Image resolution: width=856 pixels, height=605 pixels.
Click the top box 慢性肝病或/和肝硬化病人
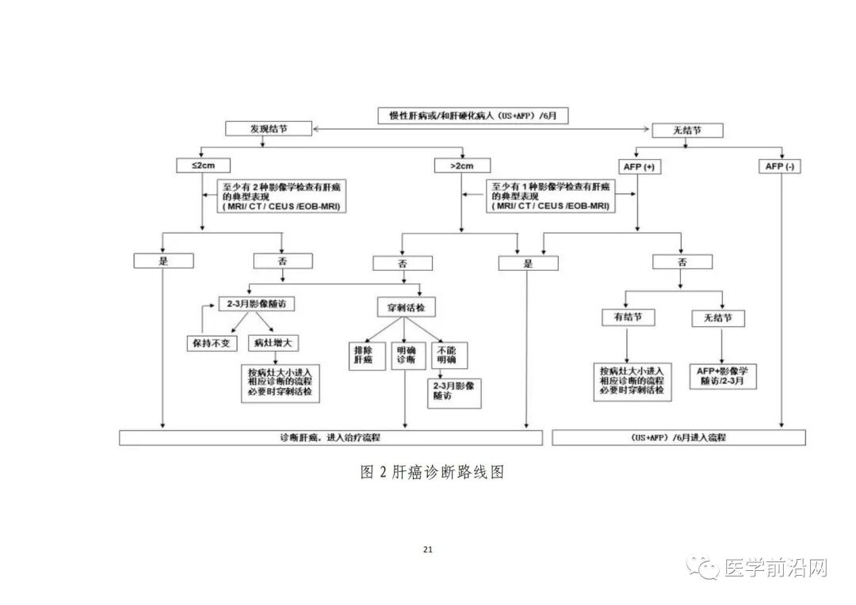click(x=472, y=115)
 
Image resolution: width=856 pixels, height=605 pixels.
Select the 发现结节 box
click(x=269, y=128)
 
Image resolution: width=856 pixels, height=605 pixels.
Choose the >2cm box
click(x=463, y=166)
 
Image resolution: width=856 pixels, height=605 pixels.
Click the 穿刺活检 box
click(x=405, y=306)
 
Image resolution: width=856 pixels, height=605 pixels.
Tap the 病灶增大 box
click(x=273, y=344)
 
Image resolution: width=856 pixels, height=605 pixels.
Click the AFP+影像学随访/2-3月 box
click(x=721, y=375)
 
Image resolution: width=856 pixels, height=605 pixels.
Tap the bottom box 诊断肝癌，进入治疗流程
click(x=331, y=438)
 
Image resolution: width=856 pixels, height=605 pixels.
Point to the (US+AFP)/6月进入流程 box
click(x=678, y=438)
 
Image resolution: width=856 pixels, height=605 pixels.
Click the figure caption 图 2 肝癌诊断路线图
click(x=432, y=473)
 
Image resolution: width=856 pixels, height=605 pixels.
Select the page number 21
click(x=428, y=550)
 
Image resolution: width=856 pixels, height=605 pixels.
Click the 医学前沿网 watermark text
click(x=776, y=567)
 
